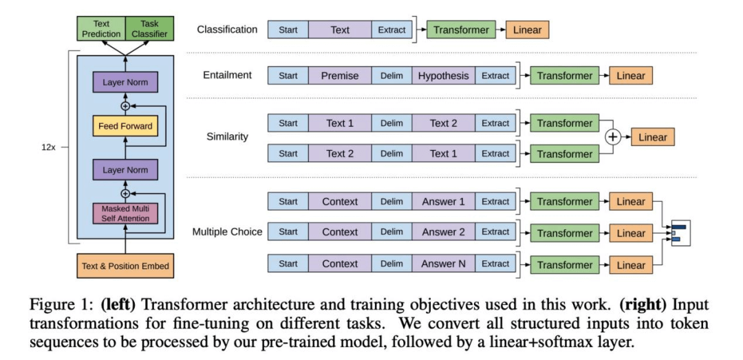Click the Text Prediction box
click(101, 28)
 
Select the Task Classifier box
click(150, 28)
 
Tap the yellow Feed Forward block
click(125, 126)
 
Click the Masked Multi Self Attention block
click(125, 213)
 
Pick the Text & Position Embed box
click(125, 266)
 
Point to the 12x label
click(48, 147)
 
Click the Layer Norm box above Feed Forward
click(125, 83)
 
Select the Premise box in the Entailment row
click(340, 76)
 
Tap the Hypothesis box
click(444, 76)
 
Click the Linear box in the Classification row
click(527, 30)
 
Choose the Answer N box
click(444, 264)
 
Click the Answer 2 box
click(444, 233)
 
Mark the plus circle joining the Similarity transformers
click(613, 137)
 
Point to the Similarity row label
click(227, 136)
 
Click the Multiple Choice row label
click(227, 232)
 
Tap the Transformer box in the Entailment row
click(564, 76)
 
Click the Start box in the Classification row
click(288, 30)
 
